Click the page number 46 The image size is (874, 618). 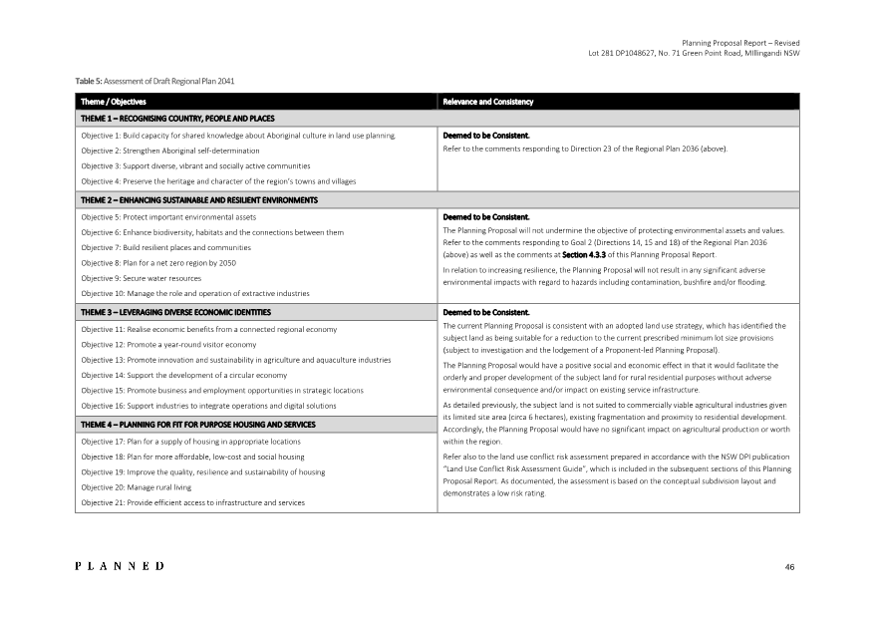[789, 567]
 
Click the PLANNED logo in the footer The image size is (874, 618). [121, 566]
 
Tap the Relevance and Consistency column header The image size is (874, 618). [488, 102]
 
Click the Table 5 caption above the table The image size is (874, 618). [154, 80]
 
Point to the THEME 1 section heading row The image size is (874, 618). [177, 118]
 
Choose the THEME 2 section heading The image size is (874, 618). [199, 199]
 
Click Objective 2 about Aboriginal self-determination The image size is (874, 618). [169, 150]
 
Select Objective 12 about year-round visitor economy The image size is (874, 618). [168, 344]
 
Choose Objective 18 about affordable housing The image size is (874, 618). [192, 456]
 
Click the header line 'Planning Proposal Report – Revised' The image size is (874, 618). [740, 43]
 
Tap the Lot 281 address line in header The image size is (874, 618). [695, 53]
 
